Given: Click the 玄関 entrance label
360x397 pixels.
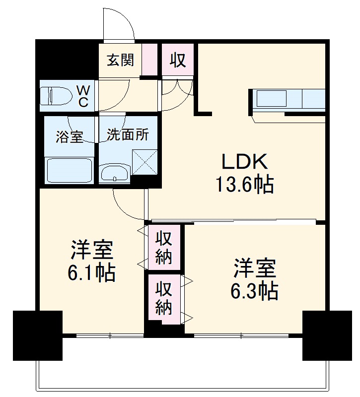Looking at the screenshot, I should tap(120, 61).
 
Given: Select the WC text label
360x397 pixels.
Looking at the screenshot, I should tap(83, 96).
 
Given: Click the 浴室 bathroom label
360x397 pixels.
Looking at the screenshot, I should tap(69, 137).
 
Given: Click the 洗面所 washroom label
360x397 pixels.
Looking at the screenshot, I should tap(128, 135).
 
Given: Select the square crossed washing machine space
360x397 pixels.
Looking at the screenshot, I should tap(145, 162).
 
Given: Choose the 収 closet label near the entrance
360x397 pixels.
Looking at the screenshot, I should tap(178, 61).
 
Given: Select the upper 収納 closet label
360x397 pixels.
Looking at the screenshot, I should tap(164, 248).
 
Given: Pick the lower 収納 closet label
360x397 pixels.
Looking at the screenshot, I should tap(164, 298).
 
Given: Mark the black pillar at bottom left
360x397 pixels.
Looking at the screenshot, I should tap(38, 335).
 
